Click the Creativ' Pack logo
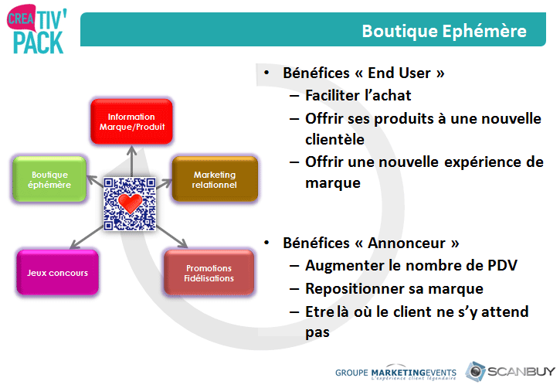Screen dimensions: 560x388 (37, 29)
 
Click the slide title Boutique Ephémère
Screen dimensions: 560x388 (444, 31)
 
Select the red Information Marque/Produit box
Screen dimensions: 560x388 (132, 121)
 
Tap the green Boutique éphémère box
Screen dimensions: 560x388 (49, 179)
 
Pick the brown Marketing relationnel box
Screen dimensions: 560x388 (215, 179)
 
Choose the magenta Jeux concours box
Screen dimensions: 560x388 (57, 273)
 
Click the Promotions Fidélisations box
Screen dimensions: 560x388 (209, 273)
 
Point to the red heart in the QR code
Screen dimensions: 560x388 (130, 203)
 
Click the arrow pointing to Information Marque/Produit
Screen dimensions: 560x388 (132, 161)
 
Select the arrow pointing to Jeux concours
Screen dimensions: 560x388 (87, 237)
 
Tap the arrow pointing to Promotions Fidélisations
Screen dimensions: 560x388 (171, 237)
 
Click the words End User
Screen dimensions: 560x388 (399, 73)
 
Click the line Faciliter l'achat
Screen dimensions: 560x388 (358, 95)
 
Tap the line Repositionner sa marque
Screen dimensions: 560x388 (394, 288)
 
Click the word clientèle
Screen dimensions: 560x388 (334, 139)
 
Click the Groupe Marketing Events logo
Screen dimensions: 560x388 (395, 373)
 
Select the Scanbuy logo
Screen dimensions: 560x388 (510, 372)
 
